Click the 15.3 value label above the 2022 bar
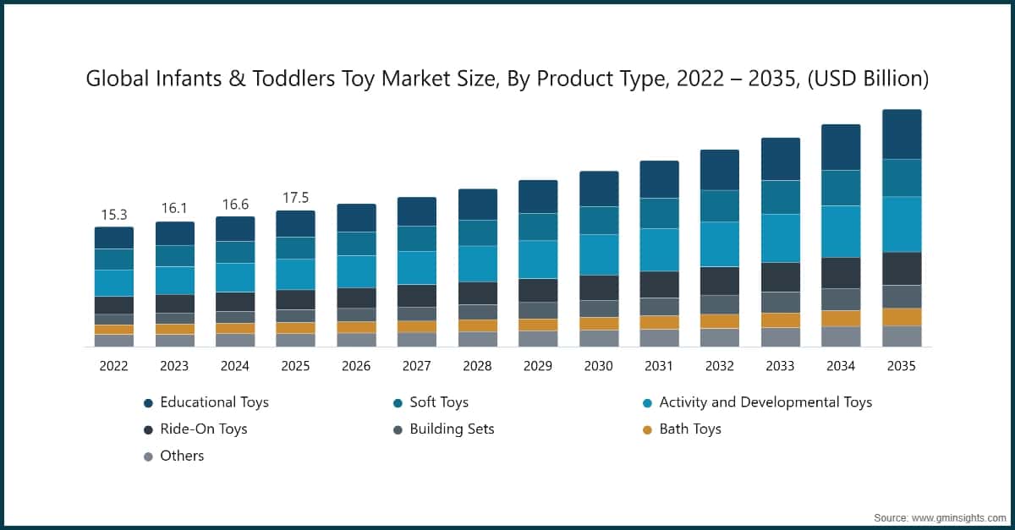pos(113,216)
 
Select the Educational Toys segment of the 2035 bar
pos(902,134)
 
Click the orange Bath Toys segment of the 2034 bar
pos(841,318)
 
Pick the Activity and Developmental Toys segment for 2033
pos(780,238)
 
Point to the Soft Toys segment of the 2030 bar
pos(599,220)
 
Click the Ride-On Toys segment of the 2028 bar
pos(478,292)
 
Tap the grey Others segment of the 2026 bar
pos(356,339)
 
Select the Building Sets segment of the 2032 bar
pos(720,304)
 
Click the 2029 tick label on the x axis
pos(538,366)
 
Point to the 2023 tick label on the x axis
pos(174,366)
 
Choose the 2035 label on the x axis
pos(902,366)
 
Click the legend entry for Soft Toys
pos(438,402)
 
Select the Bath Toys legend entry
pos(689,429)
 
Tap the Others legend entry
pos(181,456)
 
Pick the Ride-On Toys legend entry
pos(203,429)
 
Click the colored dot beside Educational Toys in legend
pos(148,403)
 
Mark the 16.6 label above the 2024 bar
pos(235,205)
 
